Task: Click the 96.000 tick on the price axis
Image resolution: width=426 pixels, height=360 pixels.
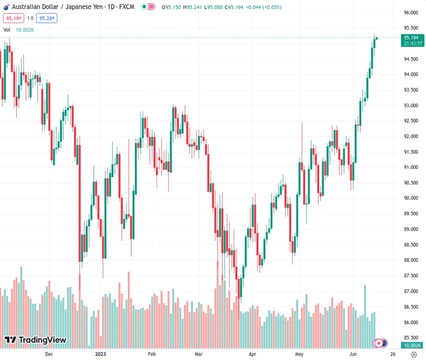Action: pos(411,13)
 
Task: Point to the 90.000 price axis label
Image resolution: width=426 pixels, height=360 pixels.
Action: pos(411,198)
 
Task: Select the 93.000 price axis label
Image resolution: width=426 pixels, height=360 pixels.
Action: pos(411,106)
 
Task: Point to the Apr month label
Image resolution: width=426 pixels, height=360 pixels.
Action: pos(252,354)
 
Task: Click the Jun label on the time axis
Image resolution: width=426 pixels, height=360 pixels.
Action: pos(353,354)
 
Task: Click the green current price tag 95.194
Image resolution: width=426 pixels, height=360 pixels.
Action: pos(411,37)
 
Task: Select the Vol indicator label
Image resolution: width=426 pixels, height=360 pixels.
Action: pos(7,29)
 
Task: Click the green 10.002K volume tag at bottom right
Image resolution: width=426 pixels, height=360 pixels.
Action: pos(411,346)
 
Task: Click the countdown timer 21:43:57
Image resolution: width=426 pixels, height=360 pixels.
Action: pos(411,43)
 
